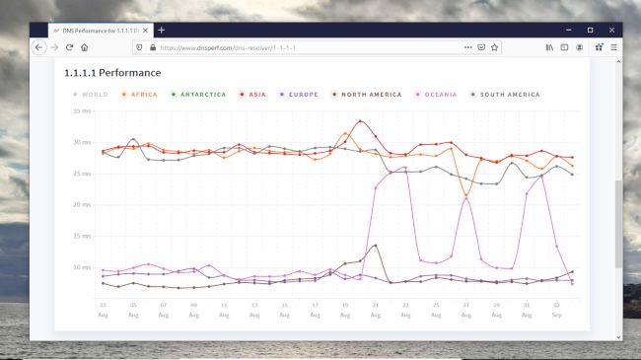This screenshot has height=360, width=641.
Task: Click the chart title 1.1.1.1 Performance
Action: [112, 73]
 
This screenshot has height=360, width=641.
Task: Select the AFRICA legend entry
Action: [141, 95]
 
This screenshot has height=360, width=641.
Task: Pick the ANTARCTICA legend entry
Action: [200, 95]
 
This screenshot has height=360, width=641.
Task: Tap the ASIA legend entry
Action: [256, 95]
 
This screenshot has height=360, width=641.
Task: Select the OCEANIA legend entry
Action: [439, 95]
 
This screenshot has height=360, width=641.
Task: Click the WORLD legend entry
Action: [92, 95]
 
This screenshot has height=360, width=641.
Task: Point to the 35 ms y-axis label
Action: [81, 111]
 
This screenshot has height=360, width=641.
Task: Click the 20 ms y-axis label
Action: [81, 205]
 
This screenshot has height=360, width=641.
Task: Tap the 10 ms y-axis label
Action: [81, 267]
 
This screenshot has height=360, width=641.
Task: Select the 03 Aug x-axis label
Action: [104, 310]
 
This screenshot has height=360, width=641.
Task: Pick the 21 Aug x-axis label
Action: [375, 310]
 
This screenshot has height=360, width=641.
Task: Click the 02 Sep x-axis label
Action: [556, 310]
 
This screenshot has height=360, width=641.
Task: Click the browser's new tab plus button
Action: [162, 30]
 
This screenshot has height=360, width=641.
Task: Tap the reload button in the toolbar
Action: [70, 47]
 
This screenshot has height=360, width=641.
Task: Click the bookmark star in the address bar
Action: [494, 47]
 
